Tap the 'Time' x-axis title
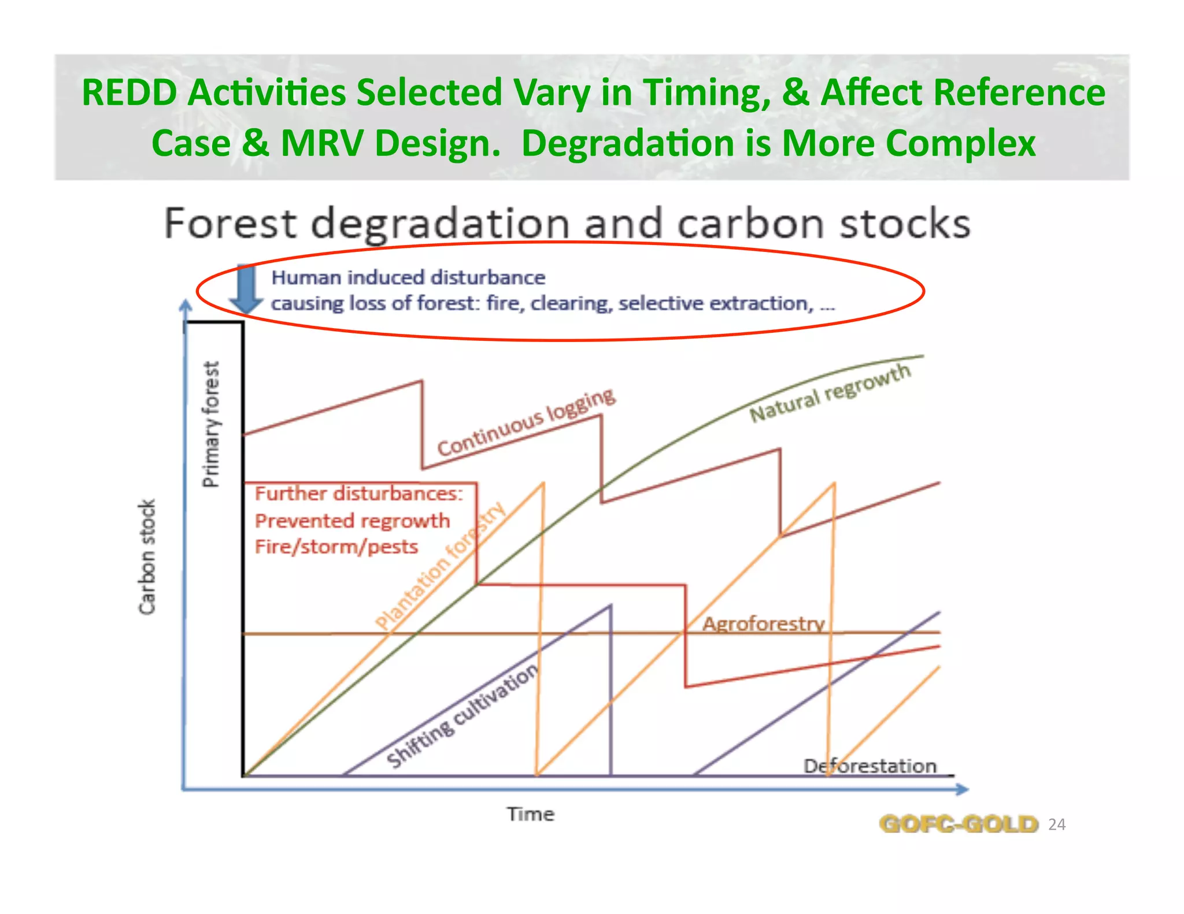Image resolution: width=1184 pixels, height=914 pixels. tap(531, 814)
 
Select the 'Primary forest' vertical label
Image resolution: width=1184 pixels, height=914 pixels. tap(211, 425)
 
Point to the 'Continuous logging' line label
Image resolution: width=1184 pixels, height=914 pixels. tap(526, 422)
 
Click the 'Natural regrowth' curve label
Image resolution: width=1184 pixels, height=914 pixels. tap(830, 393)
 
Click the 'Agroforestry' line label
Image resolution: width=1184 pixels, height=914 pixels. tap(763, 624)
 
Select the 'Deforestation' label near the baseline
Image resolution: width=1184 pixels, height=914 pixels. tap(869, 766)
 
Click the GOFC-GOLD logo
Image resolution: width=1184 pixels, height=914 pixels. tap(958, 824)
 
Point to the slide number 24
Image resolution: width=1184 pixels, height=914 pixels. tap(1057, 824)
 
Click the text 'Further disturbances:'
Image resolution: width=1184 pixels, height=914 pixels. tap(358, 493)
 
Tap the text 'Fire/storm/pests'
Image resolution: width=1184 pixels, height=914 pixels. tap(336, 547)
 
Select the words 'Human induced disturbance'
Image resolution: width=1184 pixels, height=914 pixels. tap(408, 277)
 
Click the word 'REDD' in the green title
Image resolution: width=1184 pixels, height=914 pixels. tap(129, 92)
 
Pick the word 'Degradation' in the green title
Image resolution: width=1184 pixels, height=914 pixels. tap(627, 143)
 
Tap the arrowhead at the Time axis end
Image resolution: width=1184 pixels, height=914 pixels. tap(962, 789)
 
